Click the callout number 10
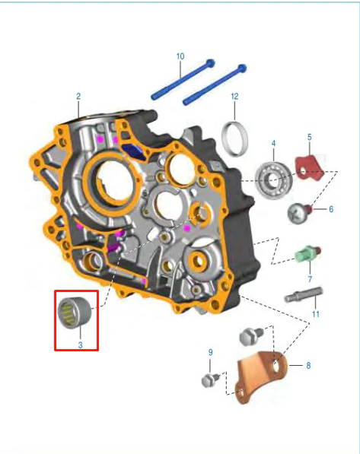(180, 56)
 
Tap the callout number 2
(78, 96)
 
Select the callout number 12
(234, 96)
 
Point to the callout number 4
(273, 143)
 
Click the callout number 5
(310, 137)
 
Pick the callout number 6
(331, 209)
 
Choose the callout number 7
(310, 279)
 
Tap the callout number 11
(315, 314)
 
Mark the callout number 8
(308, 366)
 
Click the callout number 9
(210, 352)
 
